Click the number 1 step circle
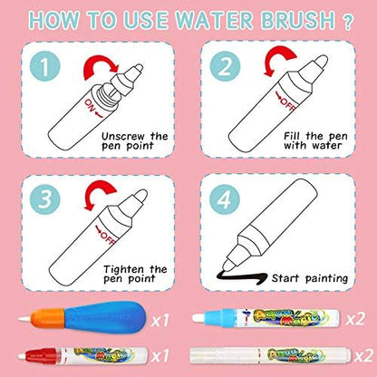point(45,66)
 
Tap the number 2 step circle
point(225,66)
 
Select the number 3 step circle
point(45,199)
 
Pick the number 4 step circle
point(225,199)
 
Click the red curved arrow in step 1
point(100,62)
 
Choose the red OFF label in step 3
point(105,234)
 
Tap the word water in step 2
point(327,146)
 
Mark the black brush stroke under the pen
point(242,277)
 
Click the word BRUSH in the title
point(298,21)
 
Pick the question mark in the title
point(348,23)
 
